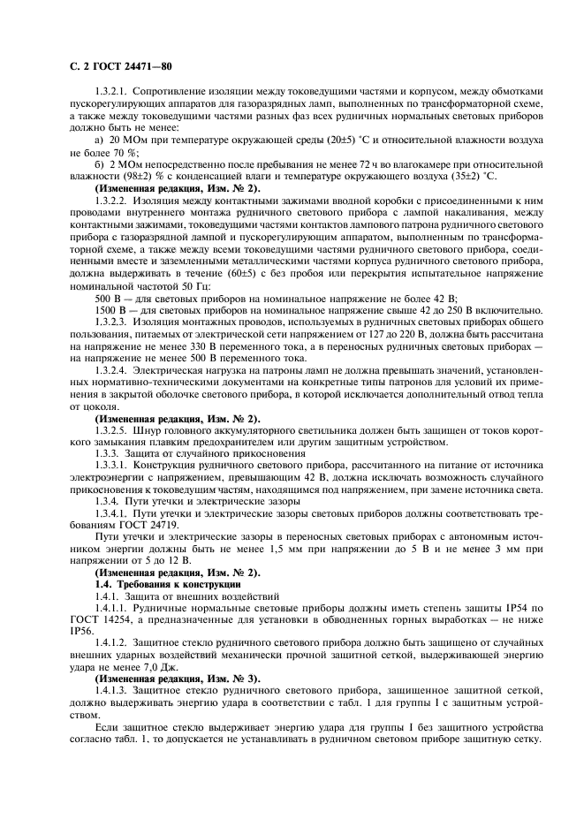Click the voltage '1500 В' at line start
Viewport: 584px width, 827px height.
(x=110, y=310)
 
